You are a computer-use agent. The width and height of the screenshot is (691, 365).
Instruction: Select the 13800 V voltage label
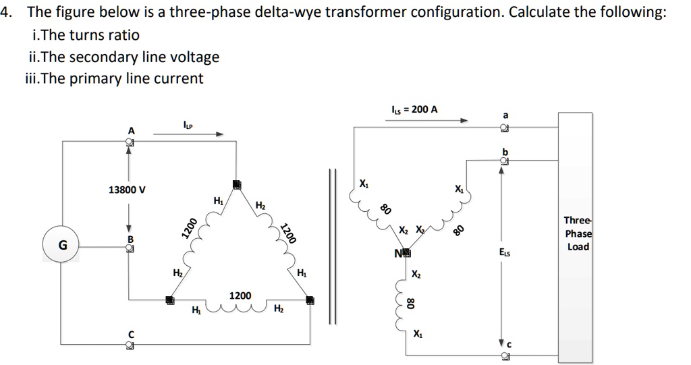[127, 190]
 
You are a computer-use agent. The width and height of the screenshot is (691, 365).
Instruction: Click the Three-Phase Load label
[577, 233]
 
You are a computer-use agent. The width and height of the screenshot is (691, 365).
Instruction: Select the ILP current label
[188, 124]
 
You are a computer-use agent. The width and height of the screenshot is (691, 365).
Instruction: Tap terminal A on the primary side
[130, 142]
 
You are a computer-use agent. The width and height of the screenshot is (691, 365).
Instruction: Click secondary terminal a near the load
[503, 128]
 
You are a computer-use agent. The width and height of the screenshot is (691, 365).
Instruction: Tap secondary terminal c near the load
[503, 355]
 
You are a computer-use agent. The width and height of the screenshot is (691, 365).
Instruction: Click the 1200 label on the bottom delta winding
[240, 296]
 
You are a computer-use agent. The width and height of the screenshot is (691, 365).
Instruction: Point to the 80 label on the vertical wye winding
[410, 302]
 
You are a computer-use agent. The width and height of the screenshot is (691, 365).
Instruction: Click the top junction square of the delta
[236, 184]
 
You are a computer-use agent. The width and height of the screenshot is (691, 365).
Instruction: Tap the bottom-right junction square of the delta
[310, 300]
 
